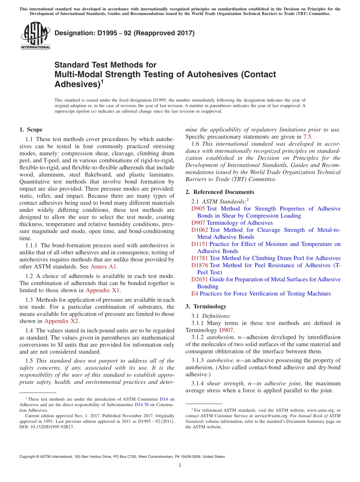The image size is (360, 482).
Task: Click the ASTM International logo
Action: tap(35, 36)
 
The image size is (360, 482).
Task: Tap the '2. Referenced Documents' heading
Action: tap(220, 192)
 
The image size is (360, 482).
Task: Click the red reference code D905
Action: tap(198, 209)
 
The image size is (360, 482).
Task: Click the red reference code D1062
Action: tap(199, 230)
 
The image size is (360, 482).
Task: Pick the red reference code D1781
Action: tap(199, 258)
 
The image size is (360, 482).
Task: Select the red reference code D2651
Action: tap(199, 279)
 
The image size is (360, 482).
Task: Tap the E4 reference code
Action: tap(194, 294)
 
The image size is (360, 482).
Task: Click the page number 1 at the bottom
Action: tap(180, 466)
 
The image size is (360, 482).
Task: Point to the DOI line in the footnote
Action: tap(47, 427)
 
